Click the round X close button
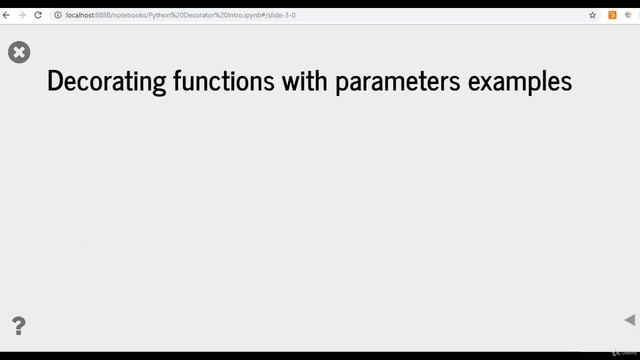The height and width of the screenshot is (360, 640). click(19, 52)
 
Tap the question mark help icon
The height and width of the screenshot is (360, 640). click(18, 325)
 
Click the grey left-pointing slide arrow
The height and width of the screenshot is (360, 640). click(629, 320)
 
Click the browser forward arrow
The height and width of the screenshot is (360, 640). click(21, 15)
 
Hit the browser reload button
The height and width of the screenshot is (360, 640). click(38, 15)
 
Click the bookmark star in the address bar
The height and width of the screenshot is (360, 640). click(592, 15)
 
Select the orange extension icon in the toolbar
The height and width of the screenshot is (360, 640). click(612, 15)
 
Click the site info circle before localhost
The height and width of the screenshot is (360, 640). click(58, 15)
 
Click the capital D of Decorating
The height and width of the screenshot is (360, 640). click(54, 82)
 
